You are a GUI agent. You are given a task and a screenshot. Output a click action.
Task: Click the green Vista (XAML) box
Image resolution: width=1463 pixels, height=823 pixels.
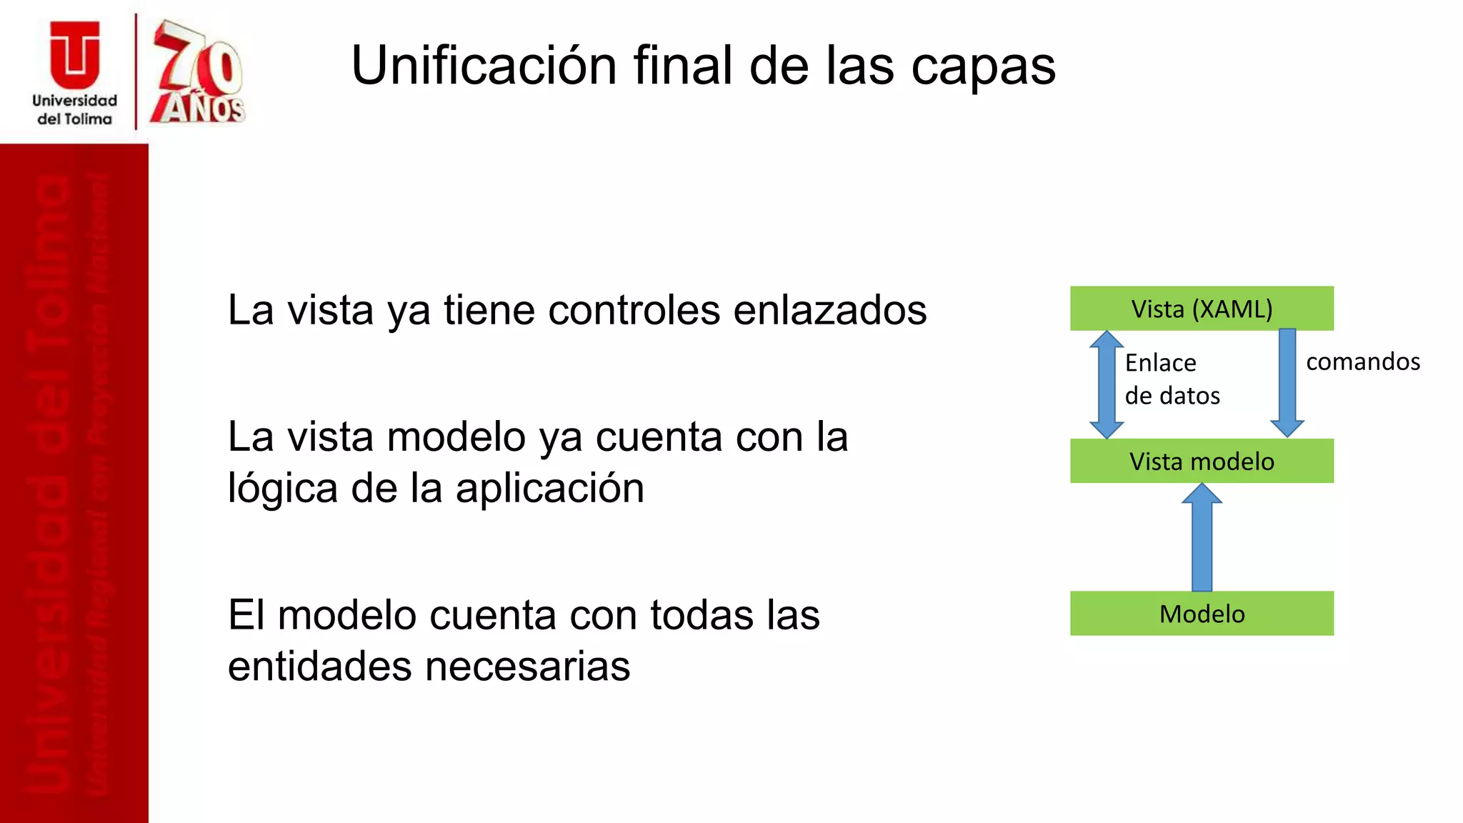[x=1202, y=309]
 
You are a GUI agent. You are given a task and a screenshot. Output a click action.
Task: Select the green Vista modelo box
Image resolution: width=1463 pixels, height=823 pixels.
[x=1202, y=462]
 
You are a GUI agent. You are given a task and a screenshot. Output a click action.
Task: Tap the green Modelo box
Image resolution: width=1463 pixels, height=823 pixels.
[x=1202, y=614]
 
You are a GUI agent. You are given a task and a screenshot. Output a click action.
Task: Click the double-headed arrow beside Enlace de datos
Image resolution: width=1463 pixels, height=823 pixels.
[x=1107, y=384]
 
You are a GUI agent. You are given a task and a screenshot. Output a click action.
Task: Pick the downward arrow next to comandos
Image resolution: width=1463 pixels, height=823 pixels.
[x=1287, y=382]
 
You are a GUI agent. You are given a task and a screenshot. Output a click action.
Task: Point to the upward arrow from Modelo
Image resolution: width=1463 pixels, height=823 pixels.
[x=1202, y=537]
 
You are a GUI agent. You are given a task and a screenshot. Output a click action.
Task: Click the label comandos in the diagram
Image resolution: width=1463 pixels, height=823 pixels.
[x=1363, y=361]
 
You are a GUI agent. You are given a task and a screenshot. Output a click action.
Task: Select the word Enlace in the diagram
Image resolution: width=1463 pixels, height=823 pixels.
[x=1160, y=363]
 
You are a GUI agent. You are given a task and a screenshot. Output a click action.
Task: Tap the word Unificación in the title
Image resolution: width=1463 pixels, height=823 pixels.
[x=484, y=66]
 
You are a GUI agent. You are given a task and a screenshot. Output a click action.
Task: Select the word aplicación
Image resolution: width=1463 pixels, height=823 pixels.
[x=549, y=489]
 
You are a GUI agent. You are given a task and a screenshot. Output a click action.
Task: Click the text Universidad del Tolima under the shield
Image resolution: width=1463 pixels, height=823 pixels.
[x=74, y=110]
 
